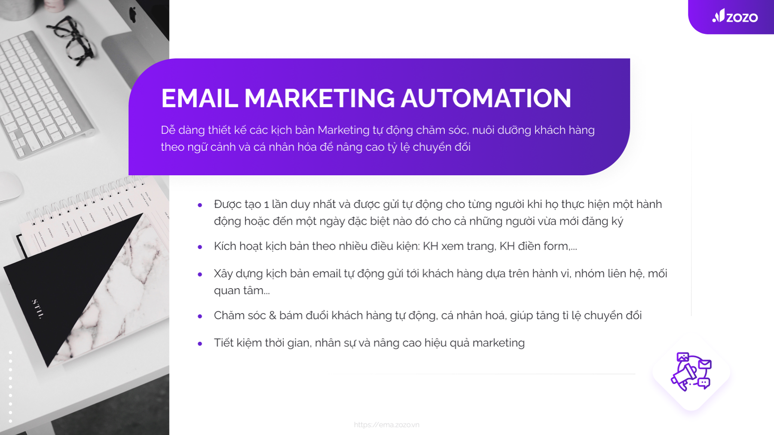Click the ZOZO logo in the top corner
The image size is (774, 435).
pyautogui.click(x=735, y=16)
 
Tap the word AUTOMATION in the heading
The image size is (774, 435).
pyautogui.click(x=486, y=98)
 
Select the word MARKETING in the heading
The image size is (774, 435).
pyautogui.click(x=319, y=98)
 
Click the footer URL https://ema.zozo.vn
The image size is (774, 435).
pyautogui.click(x=386, y=425)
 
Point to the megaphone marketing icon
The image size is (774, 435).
pyautogui.click(x=691, y=371)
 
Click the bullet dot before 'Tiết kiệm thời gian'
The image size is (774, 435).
pyautogui.click(x=200, y=344)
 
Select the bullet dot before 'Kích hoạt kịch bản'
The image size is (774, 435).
pyautogui.click(x=200, y=247)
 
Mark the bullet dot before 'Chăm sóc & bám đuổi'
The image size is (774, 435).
pyautogui.click(x=200, y=316)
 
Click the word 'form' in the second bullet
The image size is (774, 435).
pyautogui.click(x=556, y=246)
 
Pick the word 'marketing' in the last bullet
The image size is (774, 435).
pyautogui.click(x=499, y=343)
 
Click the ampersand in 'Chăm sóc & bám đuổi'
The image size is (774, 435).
pyautogui.click(x=272, y=316)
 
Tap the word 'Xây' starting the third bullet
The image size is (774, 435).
pyautogui.click(x=223, y=274)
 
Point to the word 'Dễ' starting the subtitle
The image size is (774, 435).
pyautogui.click(x=168, y=130)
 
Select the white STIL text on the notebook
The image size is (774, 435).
pyautogui.click(x=38, y=309)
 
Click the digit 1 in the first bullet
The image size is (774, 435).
pyautogui.click(x=266, y=204)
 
